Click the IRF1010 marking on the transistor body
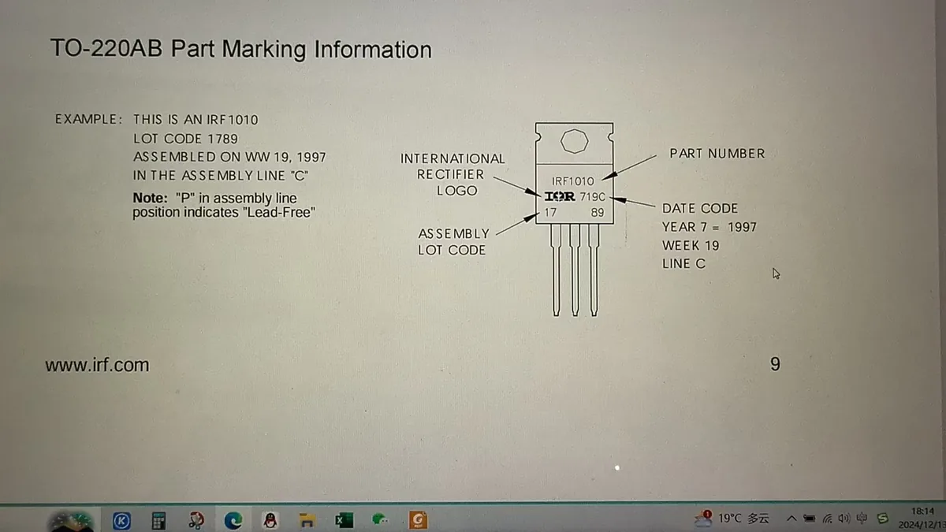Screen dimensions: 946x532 click(572, 181)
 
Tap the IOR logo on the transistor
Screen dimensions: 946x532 click(560, 196)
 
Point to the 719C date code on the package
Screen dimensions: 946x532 click(593, 197)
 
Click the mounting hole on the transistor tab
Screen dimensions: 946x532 click(575, 141)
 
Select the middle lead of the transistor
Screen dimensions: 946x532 click(575, 270)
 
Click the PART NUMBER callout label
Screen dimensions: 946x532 click(717, 153)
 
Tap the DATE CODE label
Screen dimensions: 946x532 click(700, 208)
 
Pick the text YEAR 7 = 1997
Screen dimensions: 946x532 click(709, 227)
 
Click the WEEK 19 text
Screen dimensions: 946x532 click(691, 245)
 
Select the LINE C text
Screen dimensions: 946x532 click(683, 263)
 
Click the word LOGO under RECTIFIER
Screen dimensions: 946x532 click(457, 191)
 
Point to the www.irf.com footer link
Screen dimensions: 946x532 click(97, 365)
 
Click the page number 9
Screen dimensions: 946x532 click(775, 364)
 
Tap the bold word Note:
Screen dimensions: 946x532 click(151, 198)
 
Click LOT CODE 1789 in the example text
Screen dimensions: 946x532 click(185, 139)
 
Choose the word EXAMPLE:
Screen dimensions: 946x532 click(88, 119)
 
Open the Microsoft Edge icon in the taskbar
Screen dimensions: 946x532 click(233, 519)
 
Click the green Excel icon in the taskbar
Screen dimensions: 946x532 click(344, 519)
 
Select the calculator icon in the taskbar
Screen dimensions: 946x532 click(158, 520)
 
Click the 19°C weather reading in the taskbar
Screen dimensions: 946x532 click(729, 518)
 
